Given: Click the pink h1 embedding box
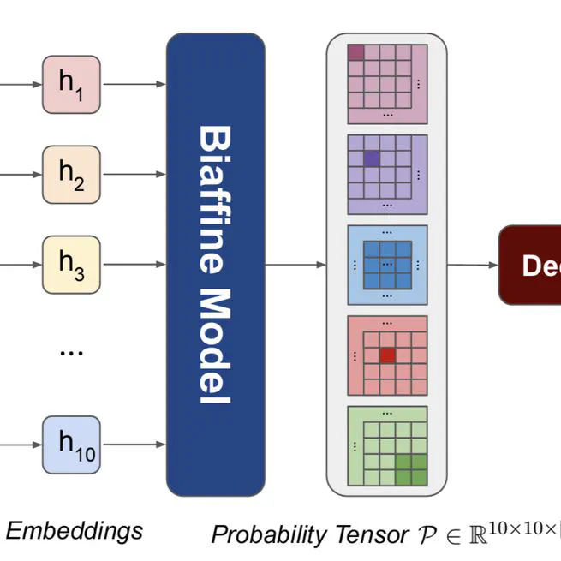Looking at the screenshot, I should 72,84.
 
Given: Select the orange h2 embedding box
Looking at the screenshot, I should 72,174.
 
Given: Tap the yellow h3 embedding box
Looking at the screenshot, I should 72,265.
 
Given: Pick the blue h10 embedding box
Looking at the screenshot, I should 72,445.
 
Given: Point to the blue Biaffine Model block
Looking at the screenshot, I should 215,265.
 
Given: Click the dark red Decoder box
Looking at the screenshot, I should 530,266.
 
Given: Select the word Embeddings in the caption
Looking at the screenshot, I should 75,531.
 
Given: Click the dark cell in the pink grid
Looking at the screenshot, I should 356,53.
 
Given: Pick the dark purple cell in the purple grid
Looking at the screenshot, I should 372,158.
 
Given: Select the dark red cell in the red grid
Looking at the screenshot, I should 387,355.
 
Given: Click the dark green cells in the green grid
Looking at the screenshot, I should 409,468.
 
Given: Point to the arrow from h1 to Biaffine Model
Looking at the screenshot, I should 134,84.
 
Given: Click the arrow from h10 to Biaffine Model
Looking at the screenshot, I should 134,445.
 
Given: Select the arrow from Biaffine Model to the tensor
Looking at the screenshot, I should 295,265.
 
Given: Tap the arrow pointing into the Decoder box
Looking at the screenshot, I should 473,265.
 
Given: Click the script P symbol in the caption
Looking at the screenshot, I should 426,536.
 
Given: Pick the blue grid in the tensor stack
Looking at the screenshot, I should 387,265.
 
